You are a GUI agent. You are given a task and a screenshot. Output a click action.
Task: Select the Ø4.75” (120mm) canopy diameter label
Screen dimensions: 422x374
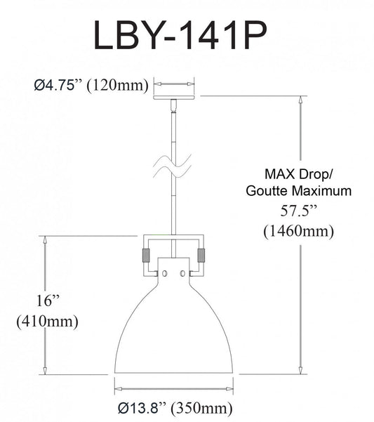coord(91,86)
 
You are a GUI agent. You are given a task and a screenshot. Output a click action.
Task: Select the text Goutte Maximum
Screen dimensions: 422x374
coord(289,190)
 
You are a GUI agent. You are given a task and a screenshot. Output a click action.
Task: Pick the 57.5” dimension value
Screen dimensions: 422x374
coord(288,209)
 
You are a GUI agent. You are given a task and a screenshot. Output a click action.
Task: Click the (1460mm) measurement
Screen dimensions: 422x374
coord(288,230)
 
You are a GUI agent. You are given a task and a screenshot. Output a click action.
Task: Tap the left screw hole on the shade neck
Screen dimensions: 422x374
coord(165,272)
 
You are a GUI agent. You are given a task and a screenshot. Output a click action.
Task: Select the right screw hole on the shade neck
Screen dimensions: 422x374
coord(182,272)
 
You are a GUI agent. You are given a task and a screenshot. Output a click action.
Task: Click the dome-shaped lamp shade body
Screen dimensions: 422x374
coord(173,330)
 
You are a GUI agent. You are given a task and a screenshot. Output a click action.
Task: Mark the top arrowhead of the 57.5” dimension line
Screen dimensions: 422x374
coord(302,100)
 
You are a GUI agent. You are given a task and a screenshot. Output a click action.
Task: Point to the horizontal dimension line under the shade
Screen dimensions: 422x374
coord(173,387)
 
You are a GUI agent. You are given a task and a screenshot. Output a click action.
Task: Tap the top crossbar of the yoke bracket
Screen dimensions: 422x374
coord(173,235)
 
